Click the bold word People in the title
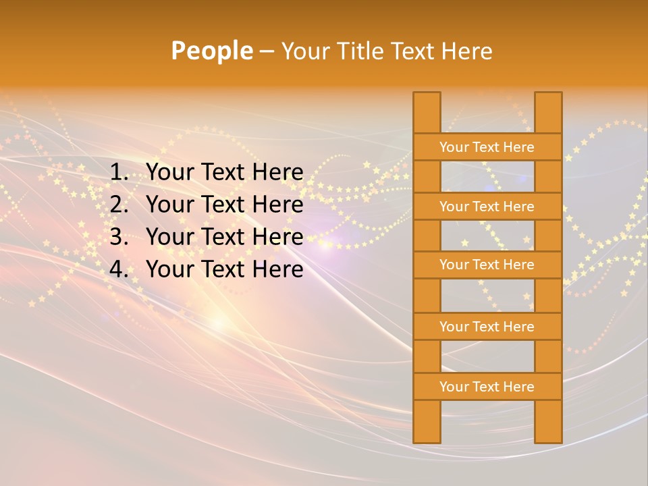[211, 51]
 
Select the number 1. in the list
[119, 173]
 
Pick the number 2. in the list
[119, 205]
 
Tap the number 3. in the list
[119, 237]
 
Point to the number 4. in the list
[119, 269]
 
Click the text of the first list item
[225, 173]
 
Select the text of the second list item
[225, 205]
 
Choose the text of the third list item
[225, 237]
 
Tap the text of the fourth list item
[225, 269]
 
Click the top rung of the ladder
[487, 147]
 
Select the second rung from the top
[487, 207]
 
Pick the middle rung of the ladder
[487, 265]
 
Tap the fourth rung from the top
[487, 327]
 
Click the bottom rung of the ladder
[487, 387]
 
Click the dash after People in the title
[267, 51]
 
